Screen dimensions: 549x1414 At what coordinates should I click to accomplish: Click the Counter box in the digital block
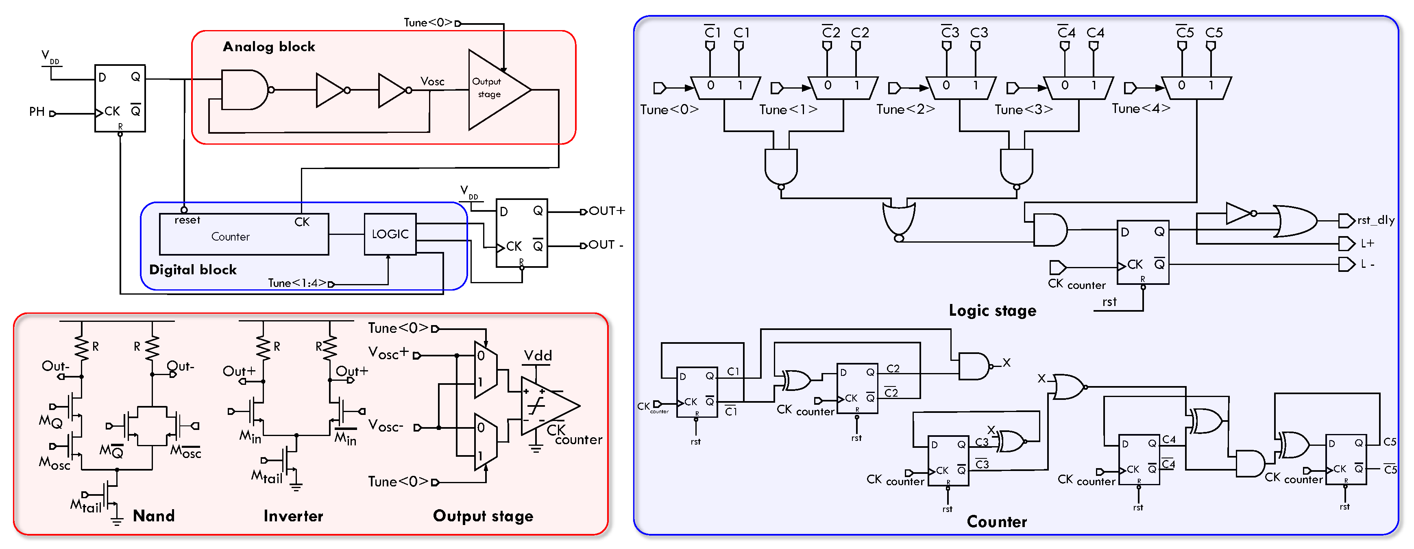[x=243, y=235]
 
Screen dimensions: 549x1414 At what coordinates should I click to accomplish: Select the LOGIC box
[x=390, y=234]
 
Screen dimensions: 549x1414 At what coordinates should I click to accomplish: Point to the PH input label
[x=36, y=112]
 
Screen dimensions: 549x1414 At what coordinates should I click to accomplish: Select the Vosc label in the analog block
[x=432, y=82]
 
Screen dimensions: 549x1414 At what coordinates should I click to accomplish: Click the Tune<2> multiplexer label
[x=905, y=110]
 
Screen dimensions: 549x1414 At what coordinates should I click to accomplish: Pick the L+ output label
[x=1367, y=243]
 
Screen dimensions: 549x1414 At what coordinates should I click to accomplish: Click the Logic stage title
[x=992, y=310]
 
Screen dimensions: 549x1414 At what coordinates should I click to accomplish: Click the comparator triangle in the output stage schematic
[x=546, y=406]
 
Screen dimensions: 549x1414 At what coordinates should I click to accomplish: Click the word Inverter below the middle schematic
[x=293, y=516]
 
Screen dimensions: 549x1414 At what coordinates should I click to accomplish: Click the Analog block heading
[x=268, y=47]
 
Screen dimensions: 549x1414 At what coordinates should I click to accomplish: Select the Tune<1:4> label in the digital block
[x=296, y=283]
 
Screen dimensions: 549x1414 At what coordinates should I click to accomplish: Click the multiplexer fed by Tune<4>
[x=1196, y=87]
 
